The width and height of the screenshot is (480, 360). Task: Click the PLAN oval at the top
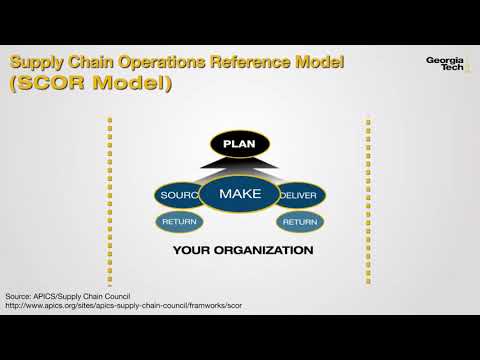(240, 144)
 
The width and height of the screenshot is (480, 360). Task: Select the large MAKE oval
(239, 192)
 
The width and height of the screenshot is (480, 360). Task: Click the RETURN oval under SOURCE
(179, 221)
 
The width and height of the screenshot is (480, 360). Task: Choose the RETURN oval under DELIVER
(300, 221)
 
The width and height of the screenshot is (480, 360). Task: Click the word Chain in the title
(94, 62)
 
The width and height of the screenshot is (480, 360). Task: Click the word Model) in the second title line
(132, 84)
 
